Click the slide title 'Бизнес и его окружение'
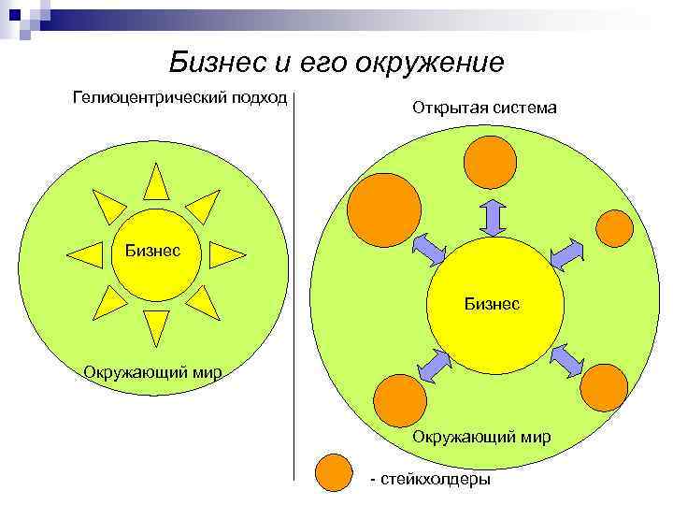click(x=336, y=63)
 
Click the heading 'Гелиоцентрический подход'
click(x=179, y=99)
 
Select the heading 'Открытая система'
click(x=484, y=108)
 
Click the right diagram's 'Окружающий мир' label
click(x=481, y=437)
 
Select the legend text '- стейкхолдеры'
click(x=430, y=479)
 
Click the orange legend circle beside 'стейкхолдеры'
click(x=333, y=473)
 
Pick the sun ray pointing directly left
click(x=86, y=253)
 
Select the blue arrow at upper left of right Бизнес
click(x=430, y=248)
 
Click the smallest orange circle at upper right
click(x=615, y=226)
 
